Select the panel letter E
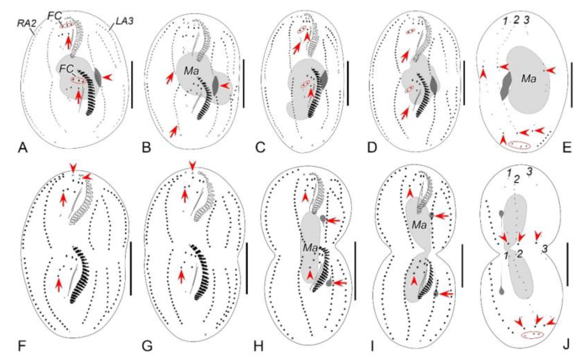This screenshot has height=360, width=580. pyautogui.click(x=567, y=148)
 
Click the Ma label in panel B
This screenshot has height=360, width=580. pyautogui.click(x=191, y=71)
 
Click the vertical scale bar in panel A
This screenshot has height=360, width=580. pyautogui.click(x=132, y=84)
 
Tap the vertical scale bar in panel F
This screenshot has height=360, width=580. pyautogui.click(x=131, y=268)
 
